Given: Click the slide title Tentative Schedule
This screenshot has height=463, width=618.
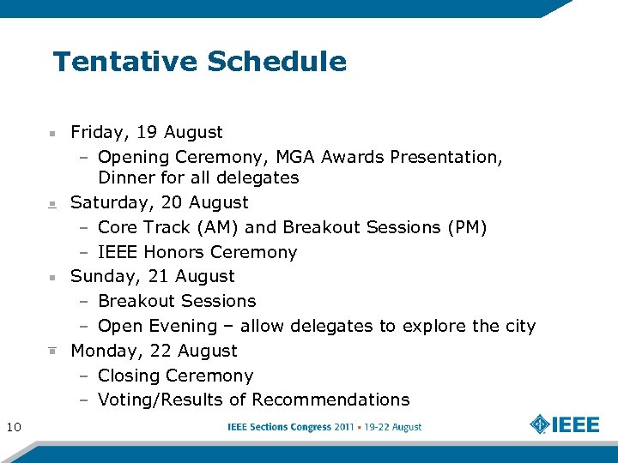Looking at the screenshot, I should pyautogui.click(x=199, y=62).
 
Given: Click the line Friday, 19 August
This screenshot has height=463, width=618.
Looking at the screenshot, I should pyautogui.click(x=146, y=132).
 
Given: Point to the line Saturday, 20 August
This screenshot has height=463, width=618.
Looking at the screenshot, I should pyautogui.click(x=159, y=202).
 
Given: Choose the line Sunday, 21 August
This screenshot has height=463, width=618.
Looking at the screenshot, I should pyautogui.click(x=152, y=276).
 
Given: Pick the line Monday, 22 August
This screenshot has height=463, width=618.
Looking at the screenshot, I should pyautogui.click(x=154, y=351).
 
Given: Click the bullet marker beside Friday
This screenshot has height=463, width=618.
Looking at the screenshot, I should pyautogui.click(x=52, y=134).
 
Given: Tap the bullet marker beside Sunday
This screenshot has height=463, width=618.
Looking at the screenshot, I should pyautogui.click(x=52, y=278).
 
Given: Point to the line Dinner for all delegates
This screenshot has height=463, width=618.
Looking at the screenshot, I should pyautogui.click(x=198, y=177).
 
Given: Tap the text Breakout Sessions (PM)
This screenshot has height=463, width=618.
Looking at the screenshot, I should pyautogui.click(x=385, y=227).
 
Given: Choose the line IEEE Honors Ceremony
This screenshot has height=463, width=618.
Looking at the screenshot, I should pyautogui.click(x=197, y=252).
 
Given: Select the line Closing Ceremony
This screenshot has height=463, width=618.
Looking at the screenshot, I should pyautogui.click(x=175, y=376).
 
